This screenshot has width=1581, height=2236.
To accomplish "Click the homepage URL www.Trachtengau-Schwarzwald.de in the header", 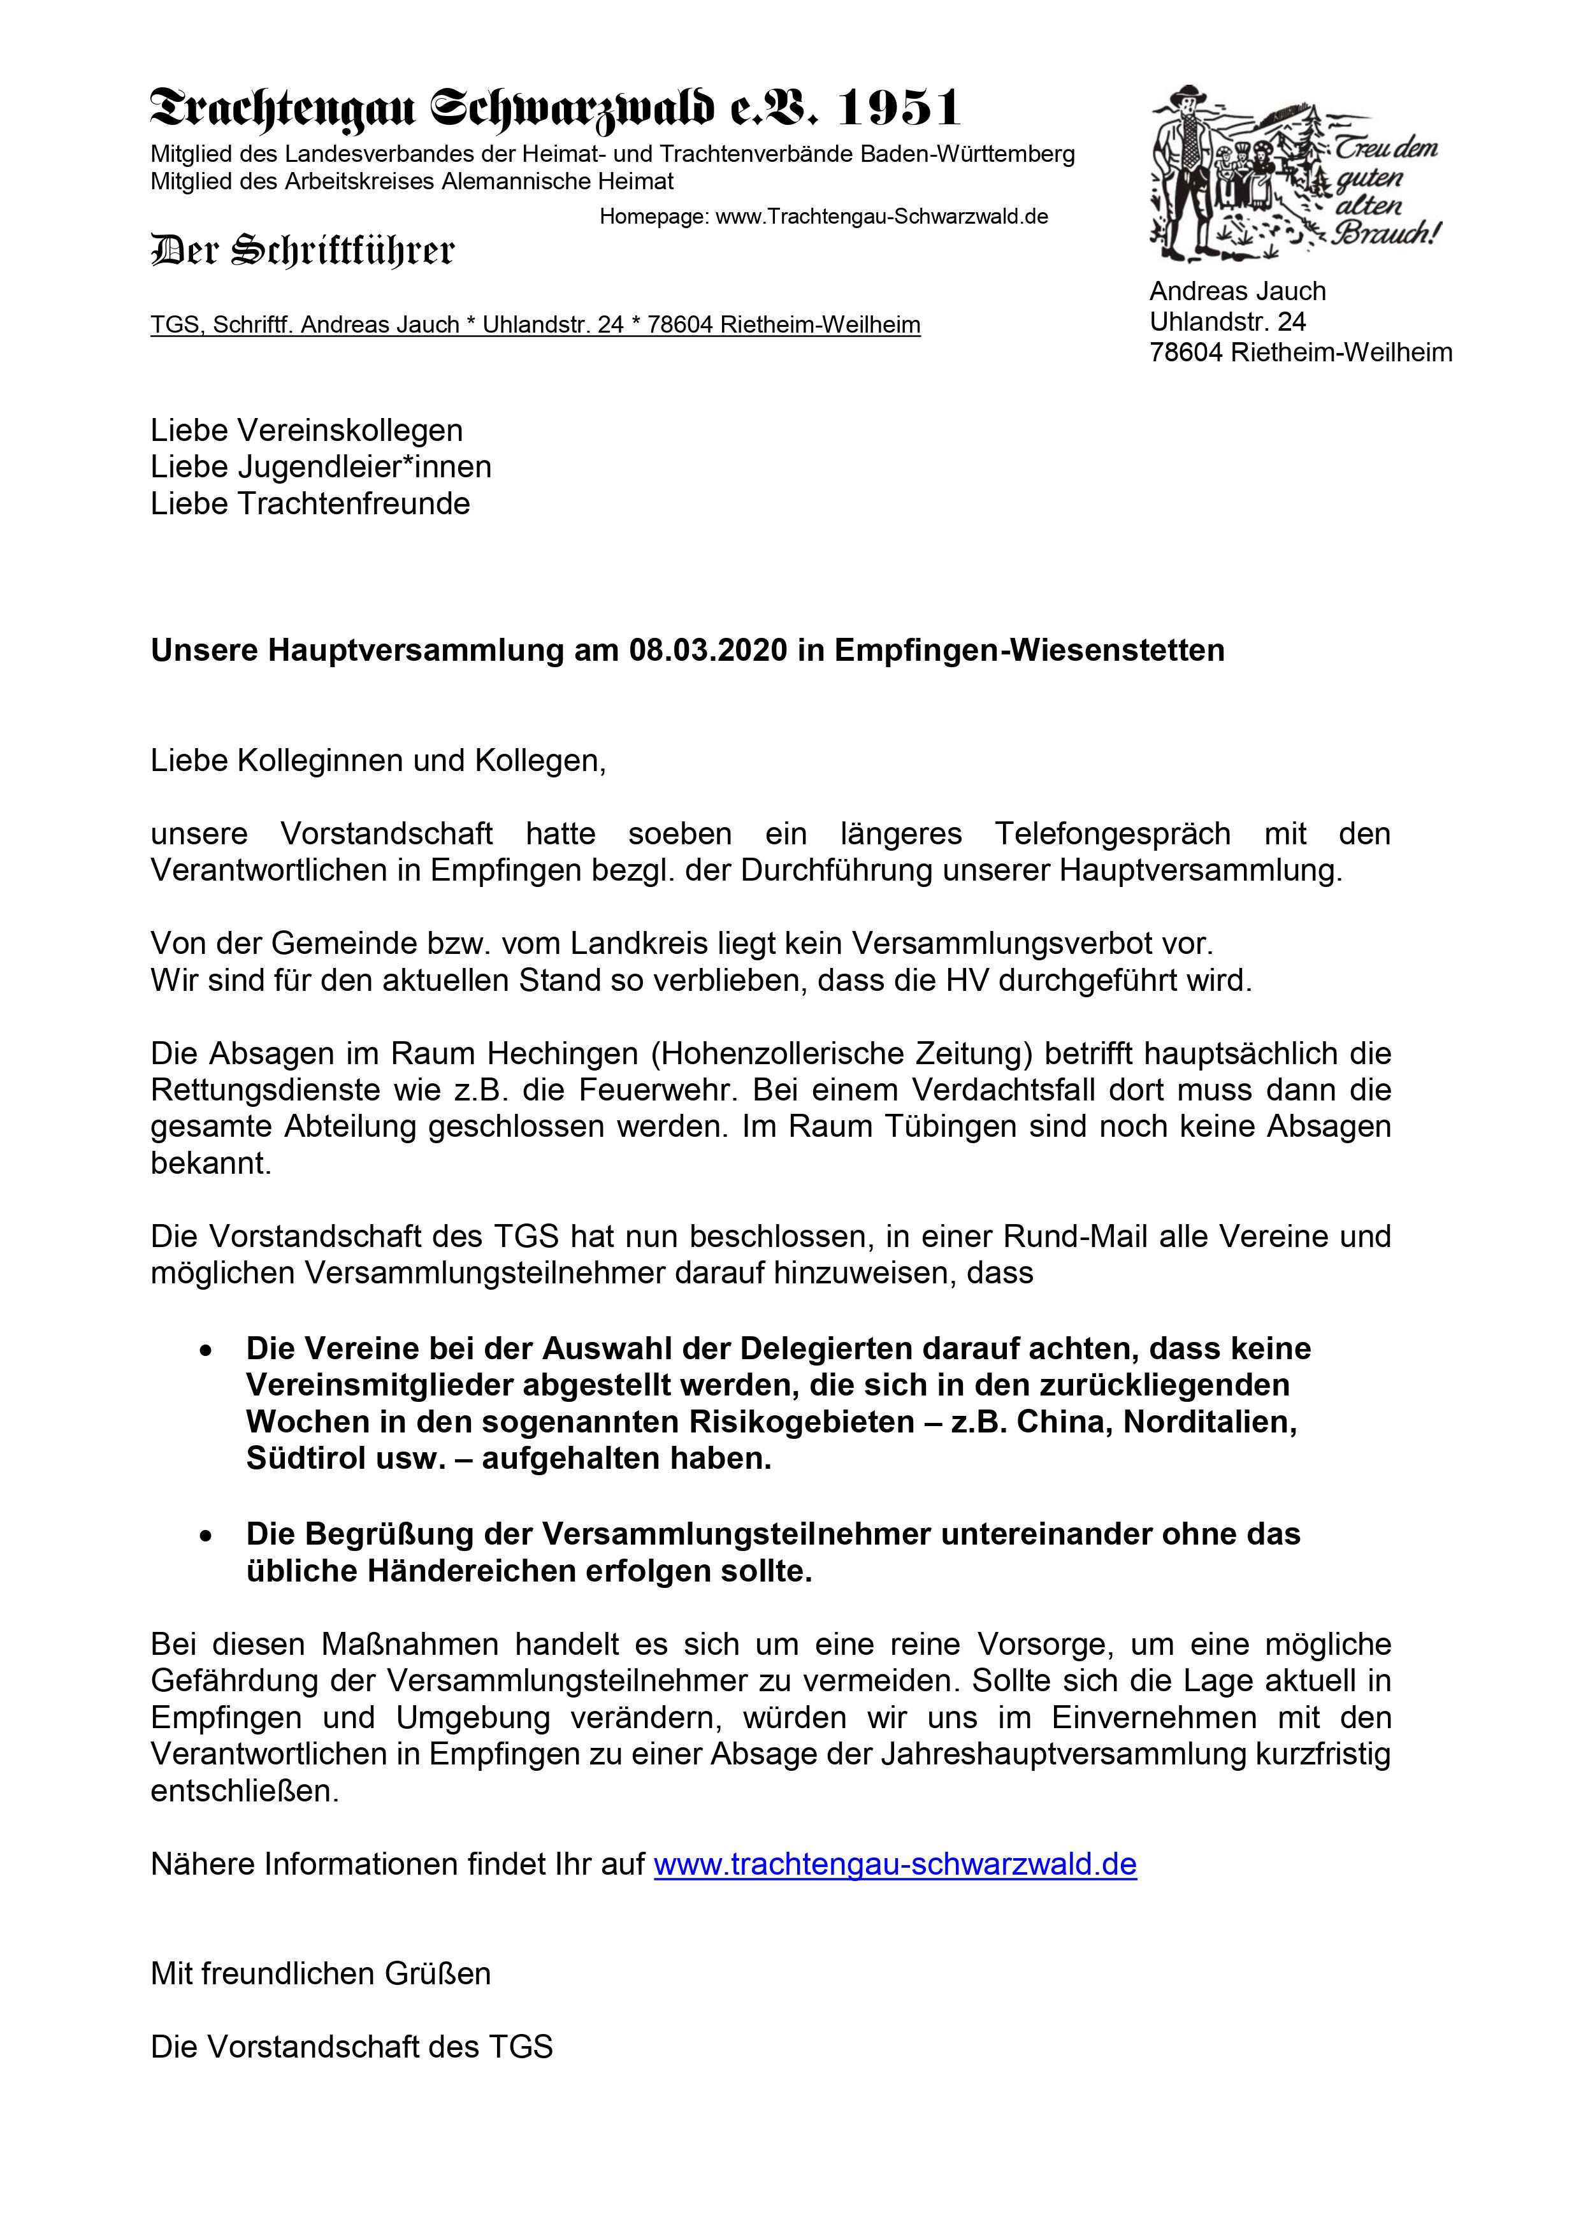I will pos(881,216).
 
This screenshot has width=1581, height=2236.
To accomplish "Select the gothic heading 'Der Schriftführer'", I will pos(302,250).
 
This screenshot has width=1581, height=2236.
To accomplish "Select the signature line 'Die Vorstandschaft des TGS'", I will pos(352,2047).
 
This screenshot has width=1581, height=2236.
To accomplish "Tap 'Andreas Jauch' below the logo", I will pos(1237,291).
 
